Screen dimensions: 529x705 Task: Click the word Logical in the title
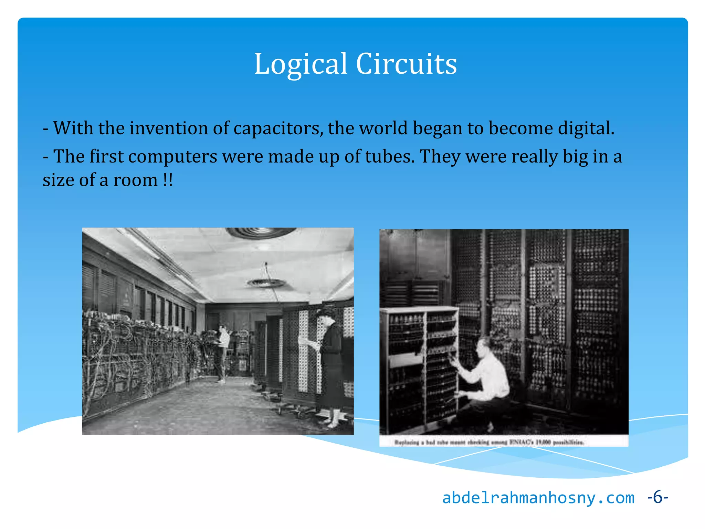pyautogui.click(x=301, y=64)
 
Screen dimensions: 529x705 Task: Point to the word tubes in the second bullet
pyautogui.click(x=389, y=157)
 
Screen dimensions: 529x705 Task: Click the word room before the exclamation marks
pyautogui.click(x=135, y=180)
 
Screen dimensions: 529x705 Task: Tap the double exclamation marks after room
pyautogui.click(x=168, y=180)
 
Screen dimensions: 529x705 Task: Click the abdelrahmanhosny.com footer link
pyautogui.click(x=538, y=498)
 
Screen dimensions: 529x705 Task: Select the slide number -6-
pyautogui.click(x=657, y=497)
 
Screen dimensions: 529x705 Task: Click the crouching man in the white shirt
pyautogui.click(x=489, y=379)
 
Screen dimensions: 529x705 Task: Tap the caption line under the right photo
pyautogui.click(x=489, y=442)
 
